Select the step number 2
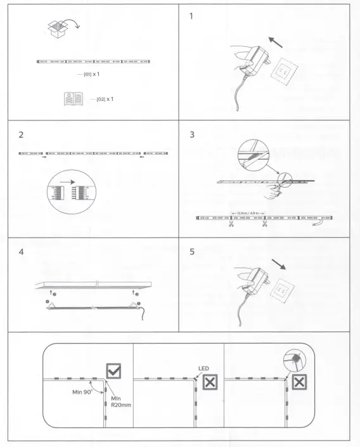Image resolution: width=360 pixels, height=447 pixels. pos(22,135)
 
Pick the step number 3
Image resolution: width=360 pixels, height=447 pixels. pos(192,135)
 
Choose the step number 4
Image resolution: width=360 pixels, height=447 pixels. pos(22,252)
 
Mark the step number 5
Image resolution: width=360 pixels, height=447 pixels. pos(192,252)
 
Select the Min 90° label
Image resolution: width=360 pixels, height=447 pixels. pos(82,391)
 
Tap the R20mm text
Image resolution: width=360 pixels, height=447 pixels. pos(120,405)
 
